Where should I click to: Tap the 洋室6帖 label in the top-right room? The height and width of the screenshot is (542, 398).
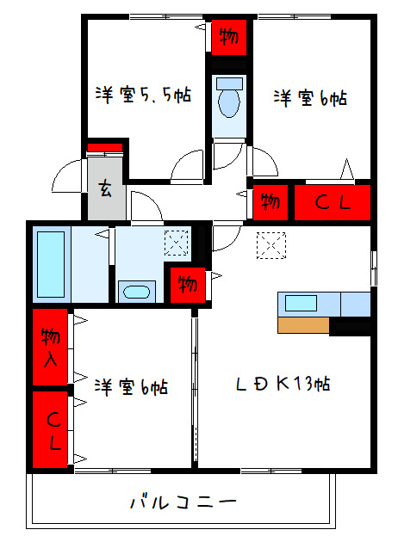point(310,98)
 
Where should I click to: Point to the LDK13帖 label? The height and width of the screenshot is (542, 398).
point(284,383)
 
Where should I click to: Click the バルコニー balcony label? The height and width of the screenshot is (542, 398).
point(183,501)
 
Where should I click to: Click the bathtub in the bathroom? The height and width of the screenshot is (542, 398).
point(52,262)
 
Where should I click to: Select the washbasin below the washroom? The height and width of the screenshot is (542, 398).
point(134,291)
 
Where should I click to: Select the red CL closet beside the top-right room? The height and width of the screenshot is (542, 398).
point(333,204)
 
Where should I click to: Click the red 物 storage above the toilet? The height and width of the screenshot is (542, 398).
point(229,35)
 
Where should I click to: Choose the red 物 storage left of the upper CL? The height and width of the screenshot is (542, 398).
point(270,203)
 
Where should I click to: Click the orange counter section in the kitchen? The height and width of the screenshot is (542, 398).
point(303,326)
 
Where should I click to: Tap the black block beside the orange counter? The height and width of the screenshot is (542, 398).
point(350,326)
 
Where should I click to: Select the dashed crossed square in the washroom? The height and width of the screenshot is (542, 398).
point(177,244)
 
